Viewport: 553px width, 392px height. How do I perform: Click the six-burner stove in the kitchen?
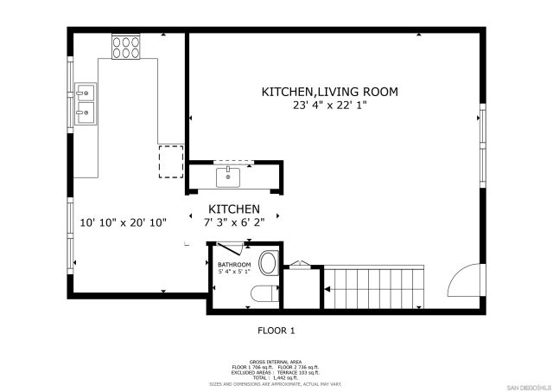click(126, 47)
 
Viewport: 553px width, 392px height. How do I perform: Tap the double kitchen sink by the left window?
click(86, 100)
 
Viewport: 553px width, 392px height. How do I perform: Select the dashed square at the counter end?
click(171, 160)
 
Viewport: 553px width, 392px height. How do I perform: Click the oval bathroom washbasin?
click(268, 263)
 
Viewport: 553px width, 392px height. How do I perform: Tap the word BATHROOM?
click(234, 265)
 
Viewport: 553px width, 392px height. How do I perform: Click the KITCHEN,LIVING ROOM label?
click(330, 91)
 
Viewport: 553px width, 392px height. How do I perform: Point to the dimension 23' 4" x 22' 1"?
click(330, 106)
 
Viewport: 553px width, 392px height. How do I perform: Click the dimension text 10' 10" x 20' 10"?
click(123, 222)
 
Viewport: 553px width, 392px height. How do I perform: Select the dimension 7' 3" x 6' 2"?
click(234, 222)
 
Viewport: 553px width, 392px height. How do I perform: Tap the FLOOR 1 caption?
click(276, 330)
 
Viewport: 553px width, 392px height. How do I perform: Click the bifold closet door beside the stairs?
click(302, 264)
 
